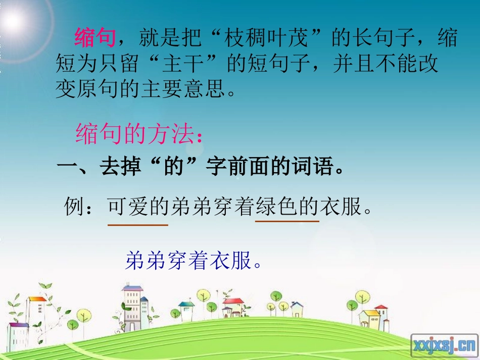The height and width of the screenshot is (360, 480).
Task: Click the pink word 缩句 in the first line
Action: pos(95,38)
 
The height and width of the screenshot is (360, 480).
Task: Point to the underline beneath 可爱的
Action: pos(138,225)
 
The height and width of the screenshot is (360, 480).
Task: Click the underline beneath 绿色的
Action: pos(287,221)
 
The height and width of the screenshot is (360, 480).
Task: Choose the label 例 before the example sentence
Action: pos(74,207)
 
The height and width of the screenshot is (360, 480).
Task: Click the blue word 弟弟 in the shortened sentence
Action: pos(142,261)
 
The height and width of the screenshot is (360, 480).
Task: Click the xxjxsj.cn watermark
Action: pos(444,345)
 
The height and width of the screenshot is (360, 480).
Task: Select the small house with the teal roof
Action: pos(186,307)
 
